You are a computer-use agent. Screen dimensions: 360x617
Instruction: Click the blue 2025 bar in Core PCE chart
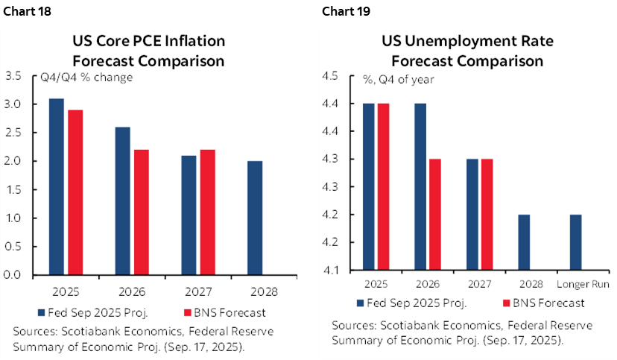[x=56, y=186]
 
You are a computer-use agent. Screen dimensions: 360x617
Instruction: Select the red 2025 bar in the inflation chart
[x=75, y=192]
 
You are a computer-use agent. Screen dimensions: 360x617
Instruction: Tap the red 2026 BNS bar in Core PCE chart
[x=140, y=212]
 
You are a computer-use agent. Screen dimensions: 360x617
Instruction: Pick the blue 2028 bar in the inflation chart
[x=254, y=218]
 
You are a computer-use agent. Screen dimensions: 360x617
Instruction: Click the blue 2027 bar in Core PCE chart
[x=189, y=215]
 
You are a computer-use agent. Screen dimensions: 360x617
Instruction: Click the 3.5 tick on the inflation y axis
[x=13, y=75]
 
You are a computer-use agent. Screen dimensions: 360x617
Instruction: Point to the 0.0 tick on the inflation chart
[x=13, y=275]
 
